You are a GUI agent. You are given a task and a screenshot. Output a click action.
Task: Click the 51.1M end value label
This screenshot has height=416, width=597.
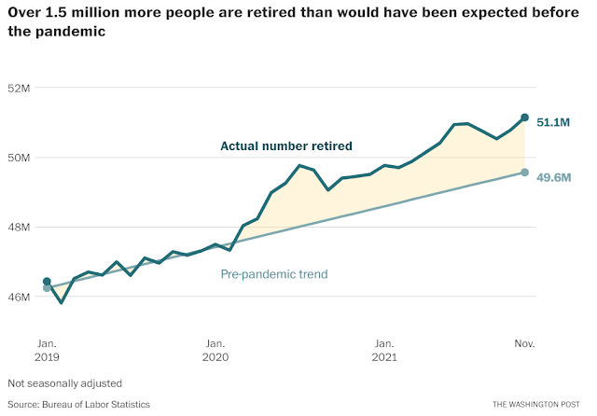pyautogui.click(x=553, y=121)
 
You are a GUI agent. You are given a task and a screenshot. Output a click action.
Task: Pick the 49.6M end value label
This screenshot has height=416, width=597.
pyautogui.click(x=553, y=177)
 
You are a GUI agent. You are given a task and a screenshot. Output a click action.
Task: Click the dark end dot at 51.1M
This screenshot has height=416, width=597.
pyautogui.click(x=525, y=118)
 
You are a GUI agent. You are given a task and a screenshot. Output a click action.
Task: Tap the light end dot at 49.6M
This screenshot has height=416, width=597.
pyautogui.click(x=525, y=173)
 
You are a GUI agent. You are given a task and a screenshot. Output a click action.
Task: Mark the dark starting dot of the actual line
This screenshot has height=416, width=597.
pyautogui.click(x=47, y=282)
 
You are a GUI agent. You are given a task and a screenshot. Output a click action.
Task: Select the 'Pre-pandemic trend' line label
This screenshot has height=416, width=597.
pyautogui.click(x=274, y=274)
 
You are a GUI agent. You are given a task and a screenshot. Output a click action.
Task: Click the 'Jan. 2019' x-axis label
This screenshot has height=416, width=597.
pyautogui.click(x=47, y=350)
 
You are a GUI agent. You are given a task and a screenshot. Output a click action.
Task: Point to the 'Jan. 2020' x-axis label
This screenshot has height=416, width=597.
pyautogui.click(x=215, y=350)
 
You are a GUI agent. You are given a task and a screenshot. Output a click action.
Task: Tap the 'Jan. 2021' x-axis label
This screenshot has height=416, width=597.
pyautogui.click(x=383, y=350)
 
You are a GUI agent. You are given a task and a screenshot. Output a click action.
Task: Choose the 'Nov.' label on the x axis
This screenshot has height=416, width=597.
pyautogui.click(x=524, y=343)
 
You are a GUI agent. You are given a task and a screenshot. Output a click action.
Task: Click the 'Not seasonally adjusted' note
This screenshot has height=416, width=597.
pyautogui.click(x=64, y=383)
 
